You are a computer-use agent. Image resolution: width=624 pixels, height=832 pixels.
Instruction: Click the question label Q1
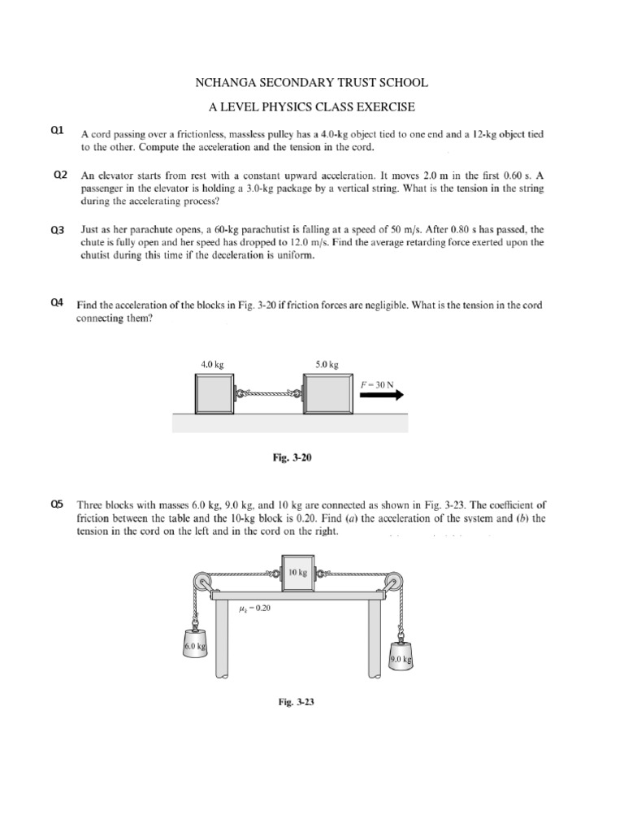(x=57, y=131)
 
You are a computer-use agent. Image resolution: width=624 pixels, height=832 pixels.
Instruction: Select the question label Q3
(x=57, y=230)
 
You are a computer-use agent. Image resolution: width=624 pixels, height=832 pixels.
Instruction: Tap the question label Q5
(x=57, y=505)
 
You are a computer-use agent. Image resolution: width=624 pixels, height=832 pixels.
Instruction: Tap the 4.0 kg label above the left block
(x=212, y=366)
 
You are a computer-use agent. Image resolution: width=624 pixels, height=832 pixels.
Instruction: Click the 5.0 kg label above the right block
(x=327, y=366)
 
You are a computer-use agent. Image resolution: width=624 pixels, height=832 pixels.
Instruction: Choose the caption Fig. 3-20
(x=291, y=458)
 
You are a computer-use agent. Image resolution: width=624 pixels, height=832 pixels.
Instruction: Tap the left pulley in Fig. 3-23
(x=200, y=583)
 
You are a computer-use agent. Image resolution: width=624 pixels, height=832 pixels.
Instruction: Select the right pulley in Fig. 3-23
(x=394, y=583)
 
